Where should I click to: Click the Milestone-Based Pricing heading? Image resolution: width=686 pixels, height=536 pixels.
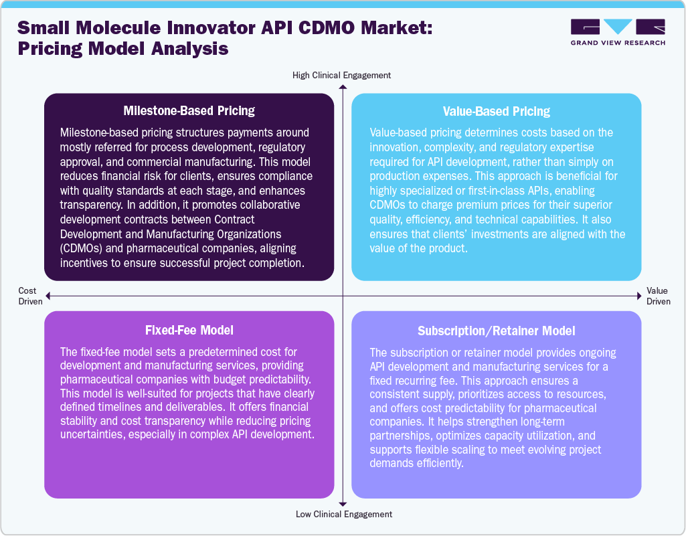(x=189, y=110)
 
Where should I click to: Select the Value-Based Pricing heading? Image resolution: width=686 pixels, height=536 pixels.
(x=496, y=111)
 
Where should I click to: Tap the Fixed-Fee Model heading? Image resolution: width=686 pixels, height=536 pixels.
(x=189, y=330)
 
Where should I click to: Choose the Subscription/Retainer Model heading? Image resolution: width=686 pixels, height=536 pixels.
(x=496, y=331)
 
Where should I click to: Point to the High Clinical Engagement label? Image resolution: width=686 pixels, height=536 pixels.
(x=341, y=75)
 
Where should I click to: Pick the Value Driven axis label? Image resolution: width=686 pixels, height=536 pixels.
(x=658, y=296)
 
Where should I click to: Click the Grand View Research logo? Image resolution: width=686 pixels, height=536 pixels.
(x=617, y=32)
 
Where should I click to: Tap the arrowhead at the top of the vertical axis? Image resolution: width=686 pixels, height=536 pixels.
(x=343, y=88)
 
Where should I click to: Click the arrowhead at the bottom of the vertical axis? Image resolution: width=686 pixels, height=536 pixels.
(x=343, y=503)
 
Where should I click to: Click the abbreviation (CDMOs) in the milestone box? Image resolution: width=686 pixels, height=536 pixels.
(x=86, y=248)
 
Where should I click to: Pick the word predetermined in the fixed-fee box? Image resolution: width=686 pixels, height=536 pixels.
(x=209, y=352)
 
